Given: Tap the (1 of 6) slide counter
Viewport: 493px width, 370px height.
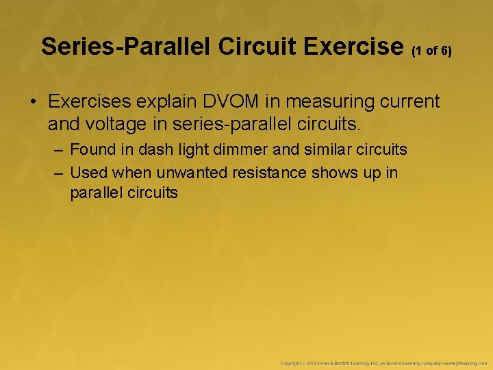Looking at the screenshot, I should (431, 50).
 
